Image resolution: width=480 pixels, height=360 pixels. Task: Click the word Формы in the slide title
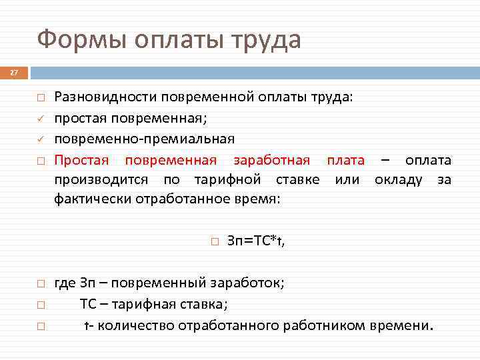(x=83, y=40)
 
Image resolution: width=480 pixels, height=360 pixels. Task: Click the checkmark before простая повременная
(x=40, y=119)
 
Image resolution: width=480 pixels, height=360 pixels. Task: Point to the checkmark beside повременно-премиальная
(x=40, y=139)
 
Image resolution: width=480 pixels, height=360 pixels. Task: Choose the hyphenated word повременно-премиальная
(x=144, y=139)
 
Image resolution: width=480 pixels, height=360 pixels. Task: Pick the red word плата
(x=345, y=160)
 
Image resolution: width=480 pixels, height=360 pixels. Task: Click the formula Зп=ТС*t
(x=256, y=241)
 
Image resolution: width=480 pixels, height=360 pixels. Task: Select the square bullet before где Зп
(x=40, y=283)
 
